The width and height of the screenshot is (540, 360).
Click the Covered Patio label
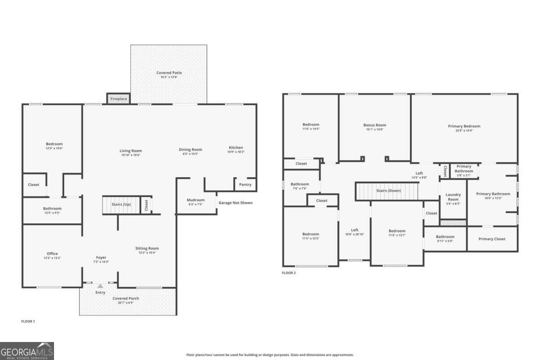[169, 72]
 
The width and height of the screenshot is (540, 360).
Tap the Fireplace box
[118, 99]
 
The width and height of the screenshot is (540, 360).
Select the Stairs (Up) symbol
[121, 205]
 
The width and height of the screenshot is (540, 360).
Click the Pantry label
[245, 184]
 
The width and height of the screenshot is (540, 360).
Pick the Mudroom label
[196, 200]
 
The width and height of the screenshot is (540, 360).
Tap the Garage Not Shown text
[235, 202]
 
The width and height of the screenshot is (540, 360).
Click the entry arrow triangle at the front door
[100, 286]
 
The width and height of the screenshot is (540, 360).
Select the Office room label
[52, 253]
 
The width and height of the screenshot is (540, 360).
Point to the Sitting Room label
[147, 248]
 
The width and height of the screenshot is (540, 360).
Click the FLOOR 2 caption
[288, 273]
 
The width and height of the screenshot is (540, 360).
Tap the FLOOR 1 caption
[28, 321]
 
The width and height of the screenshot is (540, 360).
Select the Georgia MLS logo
[27, 351]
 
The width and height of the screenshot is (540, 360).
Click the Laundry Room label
[453, 197]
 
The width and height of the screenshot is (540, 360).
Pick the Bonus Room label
[375, 125]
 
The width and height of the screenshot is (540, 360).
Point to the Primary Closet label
[492, 239]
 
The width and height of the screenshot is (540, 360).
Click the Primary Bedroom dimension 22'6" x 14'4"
[464, 131]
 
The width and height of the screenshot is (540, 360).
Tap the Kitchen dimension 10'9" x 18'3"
[236, 152]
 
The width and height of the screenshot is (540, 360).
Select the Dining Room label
[191, 149]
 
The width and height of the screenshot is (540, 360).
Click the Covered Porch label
[126, 298]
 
